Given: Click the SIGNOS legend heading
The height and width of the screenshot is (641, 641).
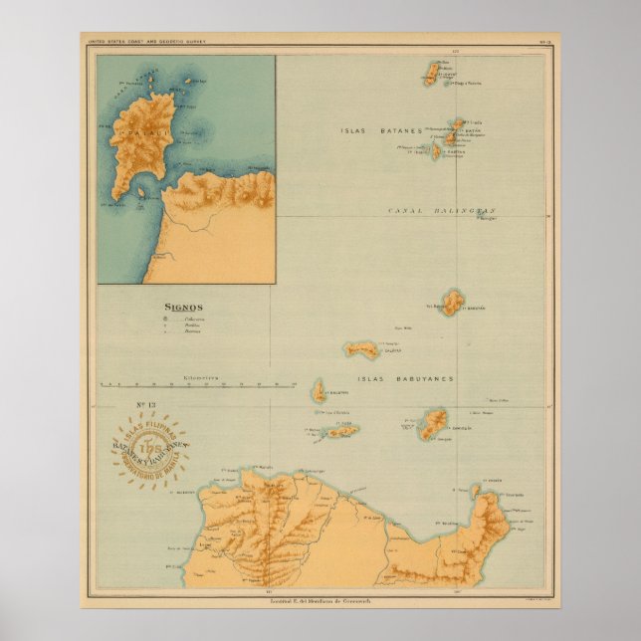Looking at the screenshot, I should pos(184,308).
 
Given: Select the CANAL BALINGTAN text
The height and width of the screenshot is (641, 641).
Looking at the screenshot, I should pos(441,211).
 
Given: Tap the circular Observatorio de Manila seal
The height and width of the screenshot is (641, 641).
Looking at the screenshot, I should pos(150,444).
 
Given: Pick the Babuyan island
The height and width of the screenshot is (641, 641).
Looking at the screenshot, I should pos(453,302).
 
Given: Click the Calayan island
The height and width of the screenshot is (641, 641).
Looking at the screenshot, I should pos(361,349).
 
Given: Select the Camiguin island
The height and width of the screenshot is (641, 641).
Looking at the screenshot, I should pos(433,423).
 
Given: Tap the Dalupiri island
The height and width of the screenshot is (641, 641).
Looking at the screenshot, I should pos(320,391).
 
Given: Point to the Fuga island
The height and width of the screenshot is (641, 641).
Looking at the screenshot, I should pos(341,431).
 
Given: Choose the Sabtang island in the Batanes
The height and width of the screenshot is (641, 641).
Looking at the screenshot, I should pos(436,151).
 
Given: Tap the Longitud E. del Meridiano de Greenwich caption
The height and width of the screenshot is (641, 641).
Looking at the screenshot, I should pos(320,596).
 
